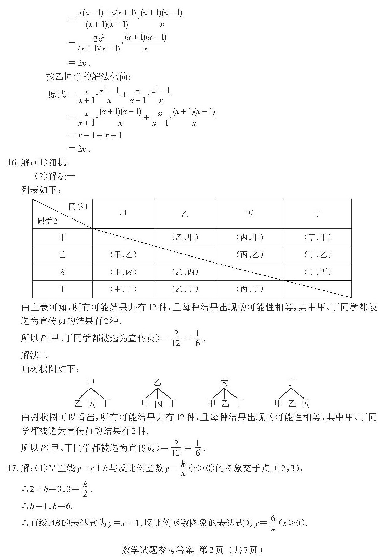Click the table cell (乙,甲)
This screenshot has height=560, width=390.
[x=185, y=237]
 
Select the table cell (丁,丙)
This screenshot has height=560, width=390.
[x=318, y=272]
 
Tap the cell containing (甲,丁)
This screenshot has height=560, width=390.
[x=123, y=289]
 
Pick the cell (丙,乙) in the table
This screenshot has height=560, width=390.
[x=250, y=254]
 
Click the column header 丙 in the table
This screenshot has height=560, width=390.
[x=250, y=214]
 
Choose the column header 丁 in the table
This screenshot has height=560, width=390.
[x=318, y=214]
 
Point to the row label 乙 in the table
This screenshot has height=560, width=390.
[x=62, y=254]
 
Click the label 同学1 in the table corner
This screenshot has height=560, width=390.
[x=78, y=207]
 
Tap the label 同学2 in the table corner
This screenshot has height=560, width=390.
[x=47, y=221]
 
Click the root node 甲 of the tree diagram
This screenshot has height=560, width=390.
[x=91, y=382]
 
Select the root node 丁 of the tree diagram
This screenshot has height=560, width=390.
[x=291, y=382]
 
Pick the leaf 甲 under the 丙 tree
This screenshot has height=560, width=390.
[x=212, y=403]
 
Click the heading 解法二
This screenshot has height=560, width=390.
[x=34, y=355]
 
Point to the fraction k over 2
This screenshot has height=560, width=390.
[x=85, y=489]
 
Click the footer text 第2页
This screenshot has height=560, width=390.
[x=211, y=550]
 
